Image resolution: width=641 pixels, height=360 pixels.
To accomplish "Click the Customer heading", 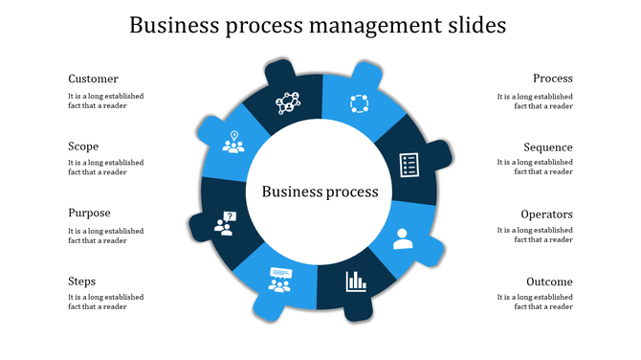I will point(93,79).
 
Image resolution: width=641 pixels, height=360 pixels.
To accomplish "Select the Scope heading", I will point(83,146).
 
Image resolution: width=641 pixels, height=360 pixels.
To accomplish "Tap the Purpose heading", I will point(89,214).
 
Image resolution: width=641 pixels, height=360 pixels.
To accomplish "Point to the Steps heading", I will point(81,281).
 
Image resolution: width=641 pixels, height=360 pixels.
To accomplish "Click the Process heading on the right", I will point(552,79).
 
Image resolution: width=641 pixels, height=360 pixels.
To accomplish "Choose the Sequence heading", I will point(547,147).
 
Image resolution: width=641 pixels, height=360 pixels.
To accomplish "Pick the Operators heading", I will point(546,214).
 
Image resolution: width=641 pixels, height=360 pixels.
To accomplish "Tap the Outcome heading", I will point(549,281).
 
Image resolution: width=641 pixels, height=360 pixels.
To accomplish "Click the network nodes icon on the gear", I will point(288,101).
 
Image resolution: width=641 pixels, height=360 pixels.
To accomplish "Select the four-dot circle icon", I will point(358,103).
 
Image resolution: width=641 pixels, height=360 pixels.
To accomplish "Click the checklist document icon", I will point(409,164).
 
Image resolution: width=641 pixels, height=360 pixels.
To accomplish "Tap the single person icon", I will point(402,237).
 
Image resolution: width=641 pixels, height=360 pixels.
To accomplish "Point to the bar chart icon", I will point(356,281).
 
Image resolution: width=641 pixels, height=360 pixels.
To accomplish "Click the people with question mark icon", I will point(226,224).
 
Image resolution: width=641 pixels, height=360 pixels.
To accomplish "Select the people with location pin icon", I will point(232,142).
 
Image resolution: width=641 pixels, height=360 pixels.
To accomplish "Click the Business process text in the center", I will point(320,191).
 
